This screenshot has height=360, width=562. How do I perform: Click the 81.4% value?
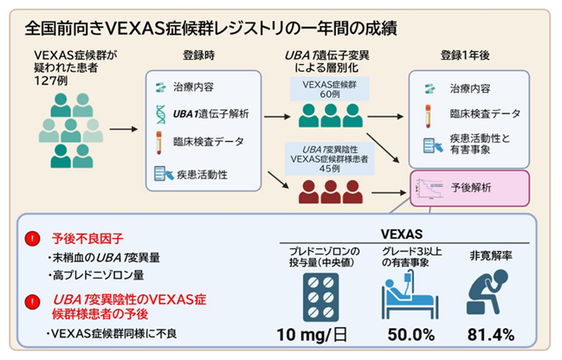(491, 335)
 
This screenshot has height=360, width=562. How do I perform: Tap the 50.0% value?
(411, 335)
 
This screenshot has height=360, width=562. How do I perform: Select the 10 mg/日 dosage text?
(313, 335)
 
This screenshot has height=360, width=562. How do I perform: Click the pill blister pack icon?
(320, 298)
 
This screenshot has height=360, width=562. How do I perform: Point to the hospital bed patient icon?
(410, 294)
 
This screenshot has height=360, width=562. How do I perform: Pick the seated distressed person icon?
(488, 292)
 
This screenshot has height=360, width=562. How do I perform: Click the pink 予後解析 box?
(469, 189)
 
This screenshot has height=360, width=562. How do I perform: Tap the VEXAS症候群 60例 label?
(329, 89)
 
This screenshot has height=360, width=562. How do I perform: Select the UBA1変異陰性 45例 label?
(329, 158)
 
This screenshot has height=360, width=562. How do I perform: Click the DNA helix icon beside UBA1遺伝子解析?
(161, 114)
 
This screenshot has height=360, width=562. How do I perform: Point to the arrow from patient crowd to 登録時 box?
(124, 129)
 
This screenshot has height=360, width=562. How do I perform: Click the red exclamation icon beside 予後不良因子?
(32, 239)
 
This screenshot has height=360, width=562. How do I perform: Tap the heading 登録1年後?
(465, 55)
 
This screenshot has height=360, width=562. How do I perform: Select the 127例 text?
(50, 81)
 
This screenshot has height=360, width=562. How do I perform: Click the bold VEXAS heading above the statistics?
(402, 235)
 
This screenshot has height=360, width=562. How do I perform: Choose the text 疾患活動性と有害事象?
(480, 144)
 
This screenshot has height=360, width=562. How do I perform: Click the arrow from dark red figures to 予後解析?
(389, 193)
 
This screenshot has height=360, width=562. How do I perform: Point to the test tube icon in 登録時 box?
(158, 143)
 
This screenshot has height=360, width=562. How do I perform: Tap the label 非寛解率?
(491, 256)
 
